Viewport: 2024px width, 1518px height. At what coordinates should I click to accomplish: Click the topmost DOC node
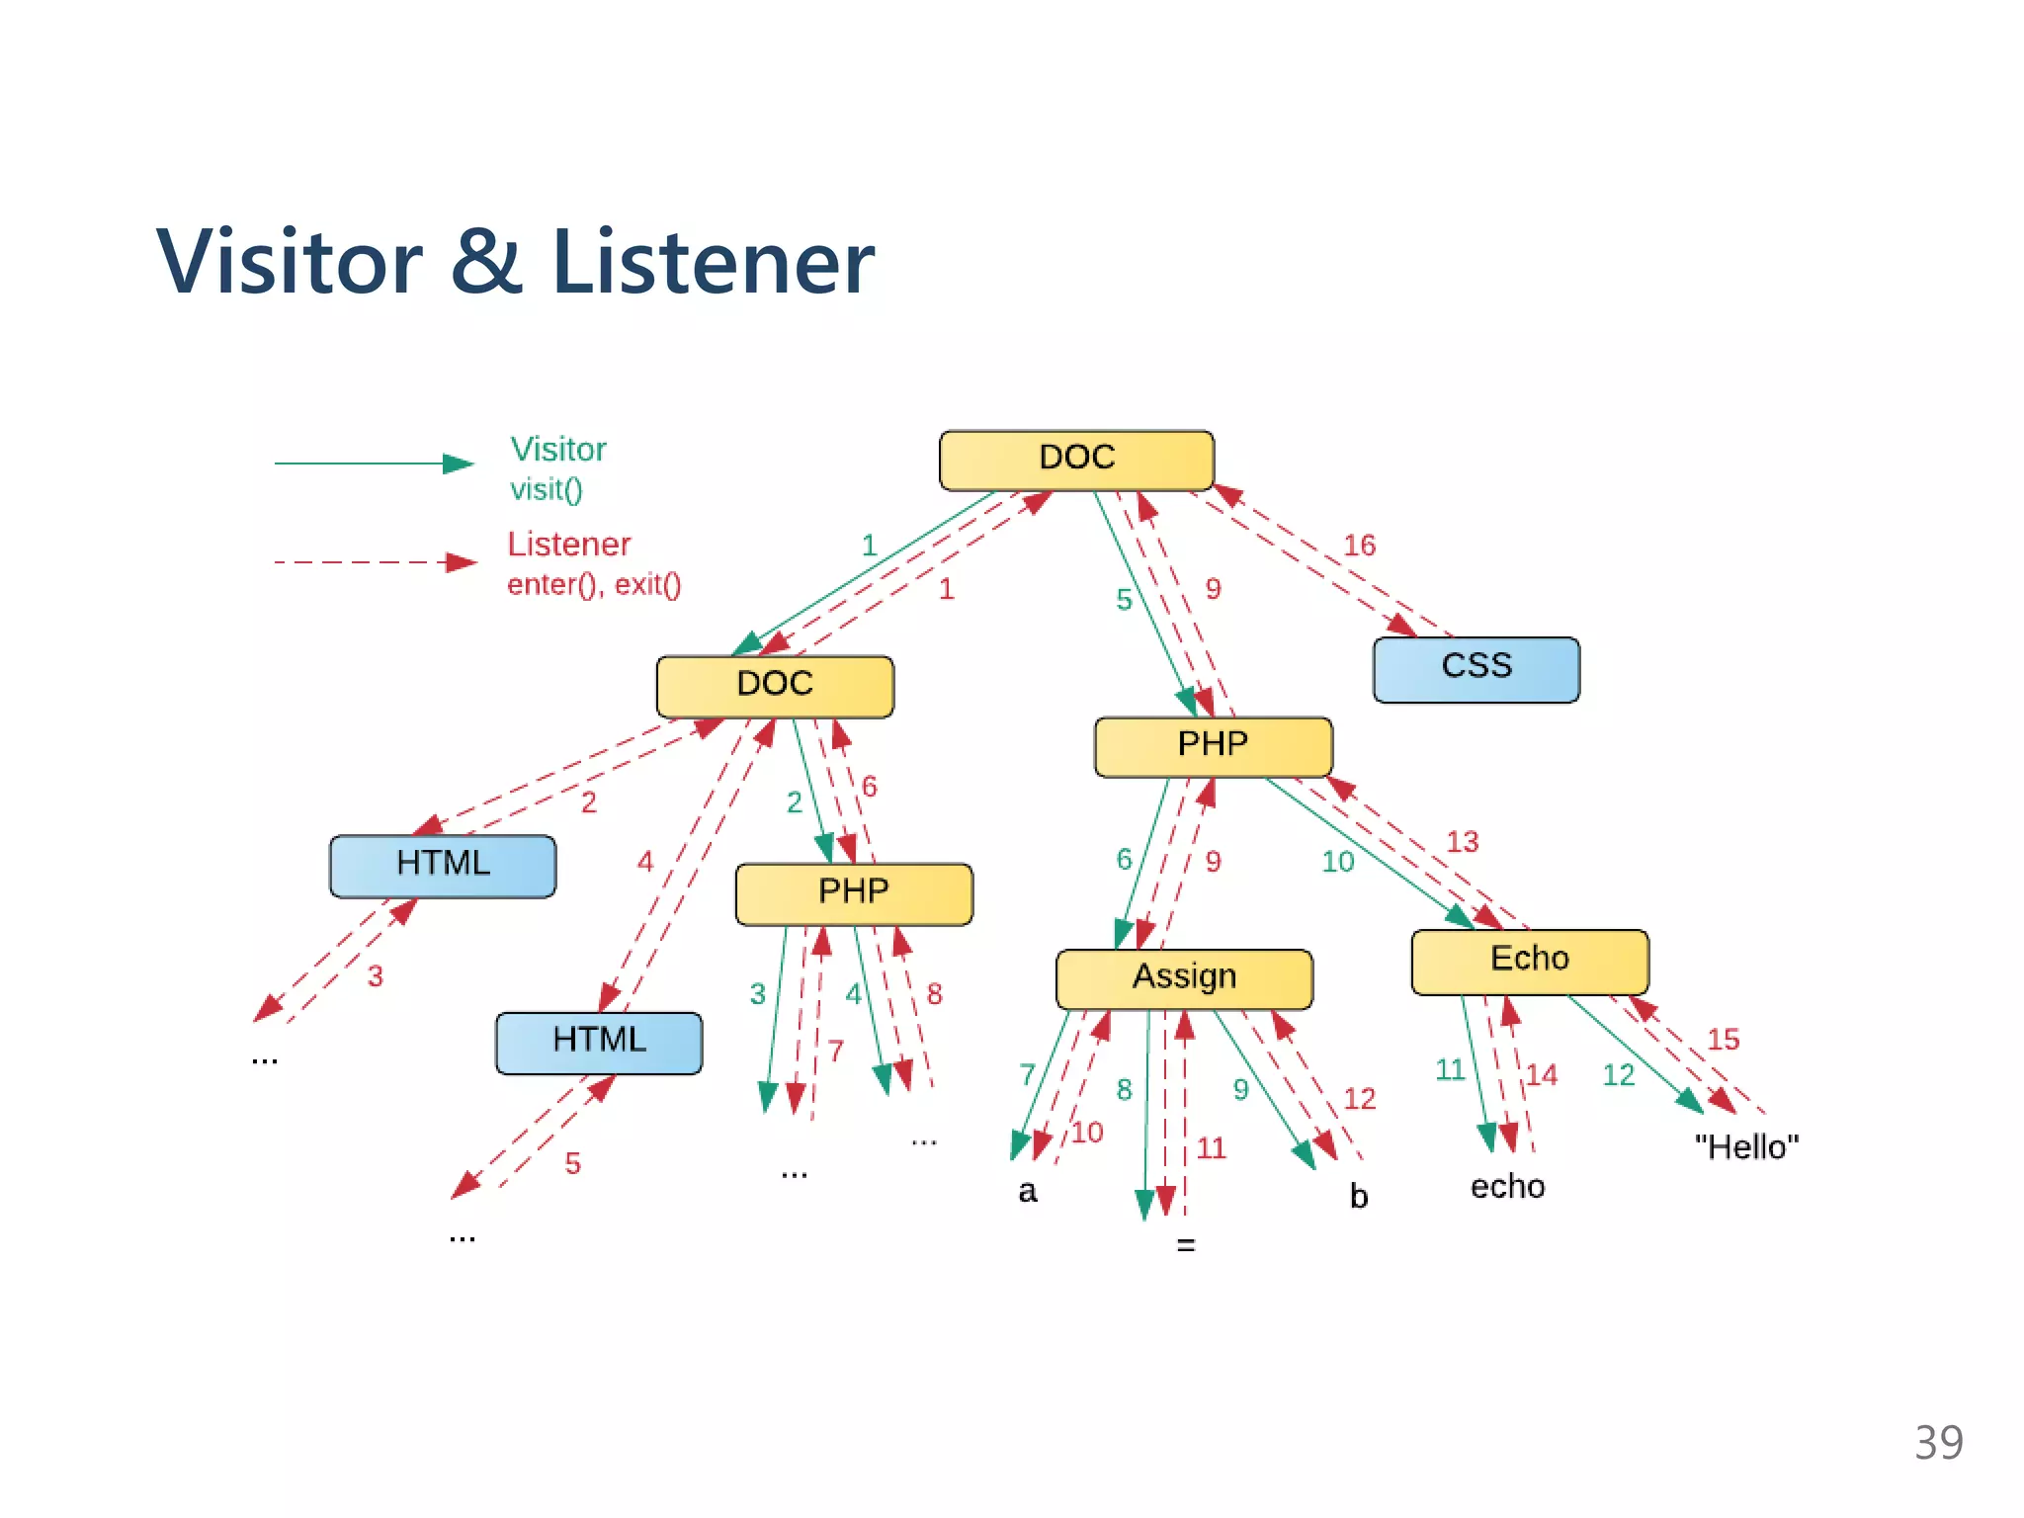click(1076, 460)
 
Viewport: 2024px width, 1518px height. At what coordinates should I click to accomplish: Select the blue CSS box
click(1476, 669)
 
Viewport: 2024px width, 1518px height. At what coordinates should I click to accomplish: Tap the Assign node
click(1184, 978)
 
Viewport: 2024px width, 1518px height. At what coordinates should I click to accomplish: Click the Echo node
click(1529, 961)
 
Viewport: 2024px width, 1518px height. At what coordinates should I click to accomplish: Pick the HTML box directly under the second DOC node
click(443, 866)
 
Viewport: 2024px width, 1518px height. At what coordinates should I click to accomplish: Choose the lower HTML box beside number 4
click(599, 1042)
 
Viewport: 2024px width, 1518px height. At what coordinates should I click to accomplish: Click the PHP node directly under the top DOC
click(1213, 746)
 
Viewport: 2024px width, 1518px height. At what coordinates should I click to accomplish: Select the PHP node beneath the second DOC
click(854, 893)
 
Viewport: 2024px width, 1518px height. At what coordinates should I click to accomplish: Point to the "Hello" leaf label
click(1746, 1147)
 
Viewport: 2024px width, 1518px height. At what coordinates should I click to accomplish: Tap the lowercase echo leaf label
click(1507, 1187)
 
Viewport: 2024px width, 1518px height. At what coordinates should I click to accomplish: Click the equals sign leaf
click(1186, 1245)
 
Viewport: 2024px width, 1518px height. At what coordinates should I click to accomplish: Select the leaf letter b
click(1359, 1197)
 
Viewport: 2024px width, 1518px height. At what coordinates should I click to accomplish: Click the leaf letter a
click(1028, 1192)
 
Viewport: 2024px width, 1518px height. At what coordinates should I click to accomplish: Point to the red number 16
click(1359, 546)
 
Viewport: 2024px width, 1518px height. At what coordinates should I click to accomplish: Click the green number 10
click(1338, 862)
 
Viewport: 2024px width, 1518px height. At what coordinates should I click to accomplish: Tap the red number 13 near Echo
click(1463, 842)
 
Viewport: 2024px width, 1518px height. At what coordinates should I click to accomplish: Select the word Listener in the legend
click(569, 545)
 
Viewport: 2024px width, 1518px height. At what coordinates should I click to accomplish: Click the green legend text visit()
click(547, 489)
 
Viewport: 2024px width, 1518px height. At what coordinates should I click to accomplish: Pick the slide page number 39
click(1938, 1442)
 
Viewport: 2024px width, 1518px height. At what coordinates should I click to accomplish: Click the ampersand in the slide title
click(486, 262)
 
